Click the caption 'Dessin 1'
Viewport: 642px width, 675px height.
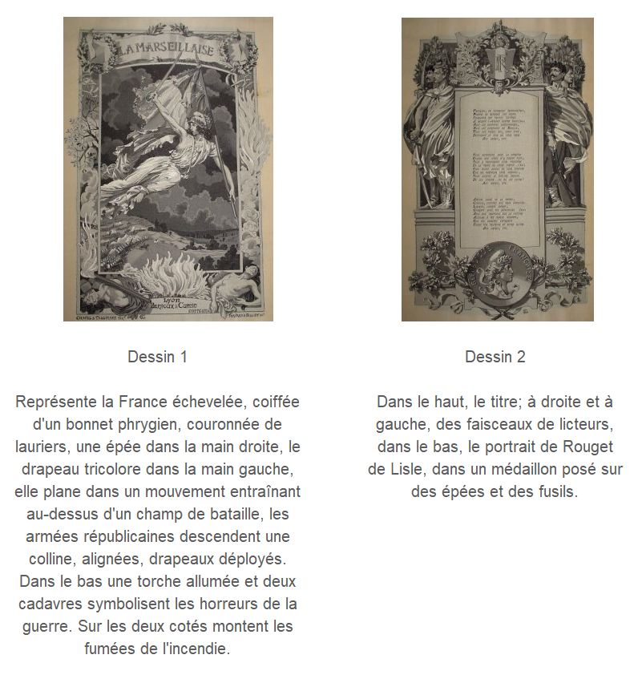157,357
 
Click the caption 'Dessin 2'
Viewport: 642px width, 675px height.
495,357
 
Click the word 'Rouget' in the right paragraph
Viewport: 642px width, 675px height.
592,447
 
